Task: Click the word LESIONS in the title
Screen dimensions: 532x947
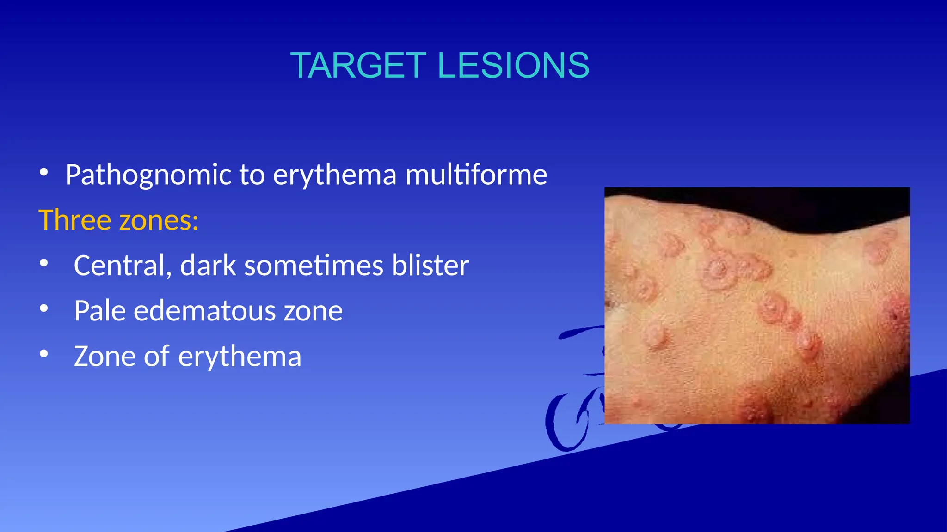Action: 513,66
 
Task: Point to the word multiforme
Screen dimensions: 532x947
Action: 476,175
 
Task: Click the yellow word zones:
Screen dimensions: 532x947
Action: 159,221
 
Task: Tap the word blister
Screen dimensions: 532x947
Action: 430,266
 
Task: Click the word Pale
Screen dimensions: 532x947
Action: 100,311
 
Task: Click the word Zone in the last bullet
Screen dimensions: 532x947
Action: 105,357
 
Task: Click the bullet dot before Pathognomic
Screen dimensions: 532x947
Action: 44,172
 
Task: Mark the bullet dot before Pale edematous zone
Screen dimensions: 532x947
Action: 44,308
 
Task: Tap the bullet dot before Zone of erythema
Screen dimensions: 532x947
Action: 44,354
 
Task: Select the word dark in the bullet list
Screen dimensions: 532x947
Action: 208,266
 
